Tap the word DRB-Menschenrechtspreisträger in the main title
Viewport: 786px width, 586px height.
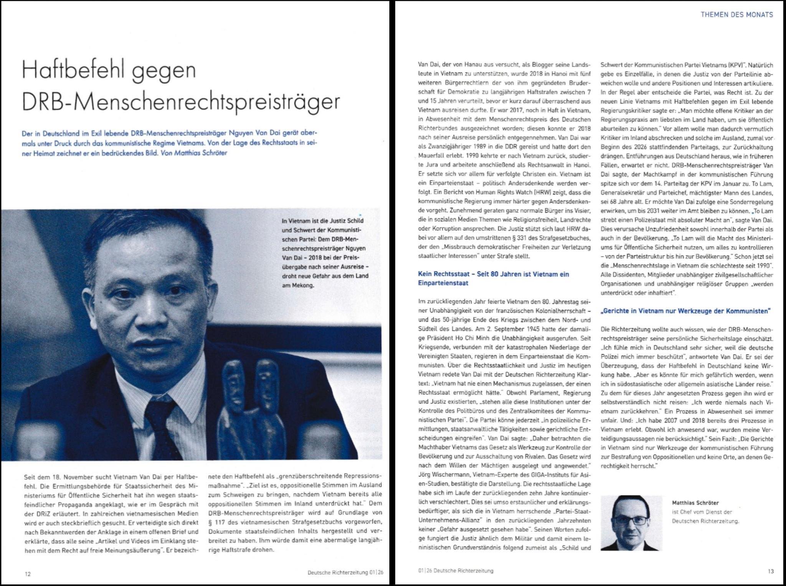[x=181, y=101]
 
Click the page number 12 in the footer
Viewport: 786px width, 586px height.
[x=27, y=574]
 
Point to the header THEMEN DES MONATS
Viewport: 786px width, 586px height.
[x=736, y=15]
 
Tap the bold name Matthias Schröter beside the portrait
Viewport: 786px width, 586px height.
[x=695, y=503]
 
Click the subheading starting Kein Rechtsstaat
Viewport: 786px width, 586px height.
[x=493, y=278]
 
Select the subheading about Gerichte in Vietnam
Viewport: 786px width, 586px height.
[x=685, y=311]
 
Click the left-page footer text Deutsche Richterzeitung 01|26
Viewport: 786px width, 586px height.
[x=345, y=573]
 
